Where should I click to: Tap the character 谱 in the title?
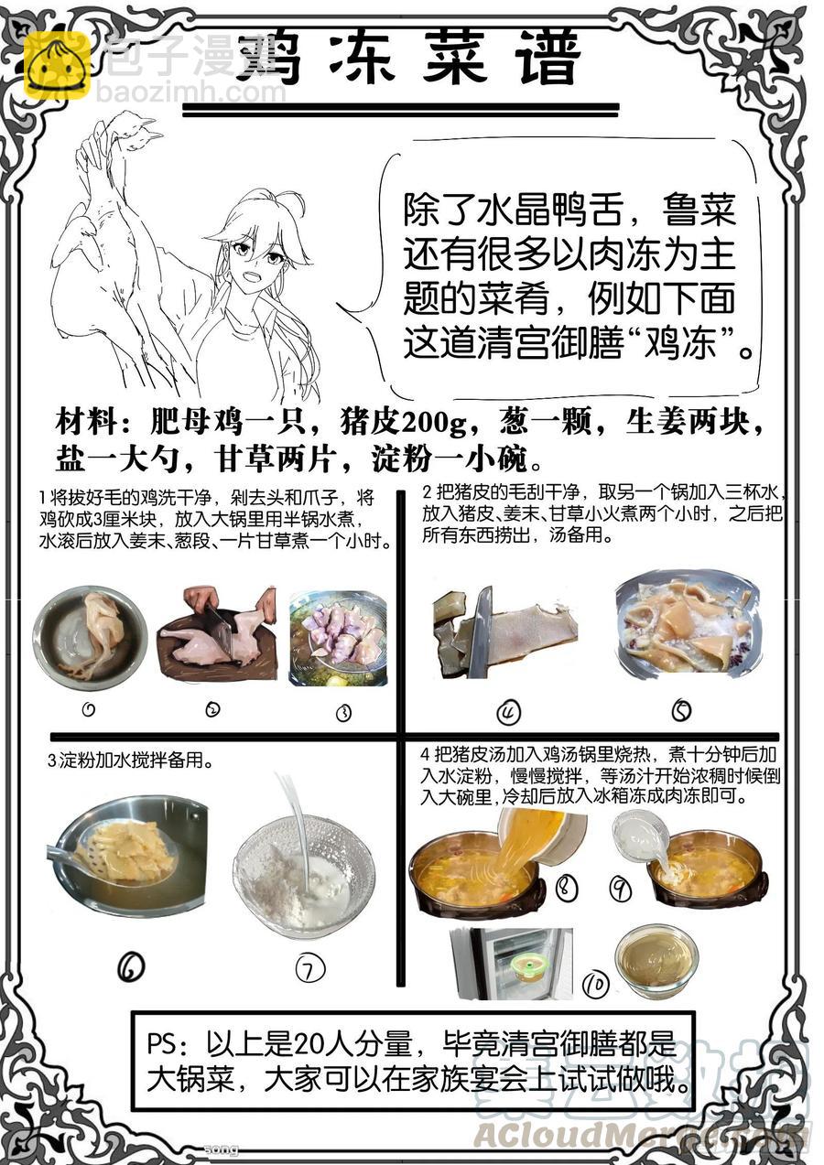pyautogui.click(x=549, y=58)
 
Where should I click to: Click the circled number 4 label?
pyautogui.click(x=508, y=713)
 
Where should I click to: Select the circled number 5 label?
pyautogui.click(x=681, y=710)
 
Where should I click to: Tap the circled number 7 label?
pyautogui.click(x=310, y=968)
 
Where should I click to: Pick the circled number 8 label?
pyautogui.click(x=567, y=886)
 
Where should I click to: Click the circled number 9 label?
pyautogui.click(x=620, y=889)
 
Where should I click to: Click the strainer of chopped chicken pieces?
pyautogui.click(x=339, y=638)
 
